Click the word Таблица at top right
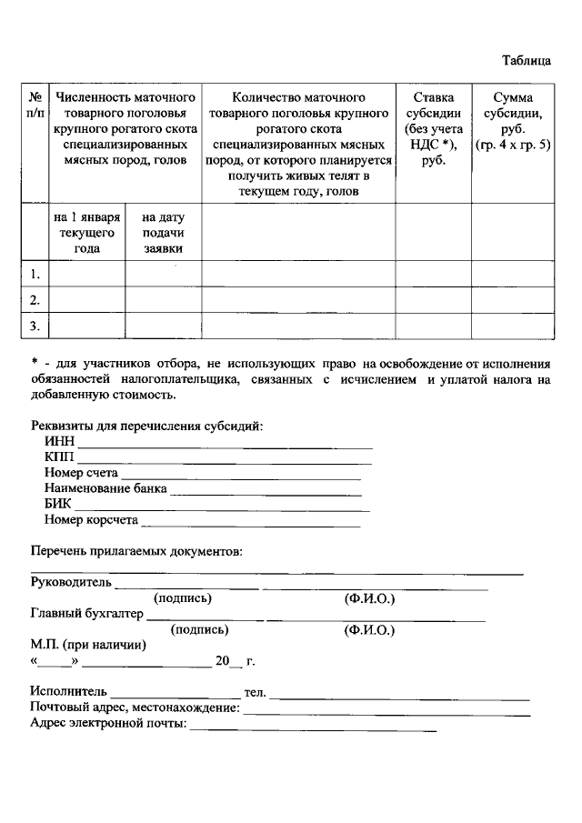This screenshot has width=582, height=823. (527, 61)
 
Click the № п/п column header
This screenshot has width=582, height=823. (36, 105)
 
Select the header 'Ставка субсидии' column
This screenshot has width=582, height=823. (433, 128)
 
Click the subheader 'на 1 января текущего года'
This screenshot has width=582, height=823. (86, 233)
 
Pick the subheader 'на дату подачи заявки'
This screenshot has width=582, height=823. (163, 233)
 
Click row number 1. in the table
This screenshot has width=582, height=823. (35, 274)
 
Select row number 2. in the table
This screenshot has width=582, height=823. (35, 299)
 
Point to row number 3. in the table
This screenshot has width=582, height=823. (35, 325)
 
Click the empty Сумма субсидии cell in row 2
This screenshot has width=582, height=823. (512, 299)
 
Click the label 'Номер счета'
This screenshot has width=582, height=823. (81, 474)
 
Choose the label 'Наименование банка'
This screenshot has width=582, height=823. (105, 489)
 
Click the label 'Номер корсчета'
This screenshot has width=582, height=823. (91, 520)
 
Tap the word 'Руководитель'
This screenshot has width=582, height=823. (71, 581)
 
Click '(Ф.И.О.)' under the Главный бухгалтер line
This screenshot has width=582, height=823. (369, 629)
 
